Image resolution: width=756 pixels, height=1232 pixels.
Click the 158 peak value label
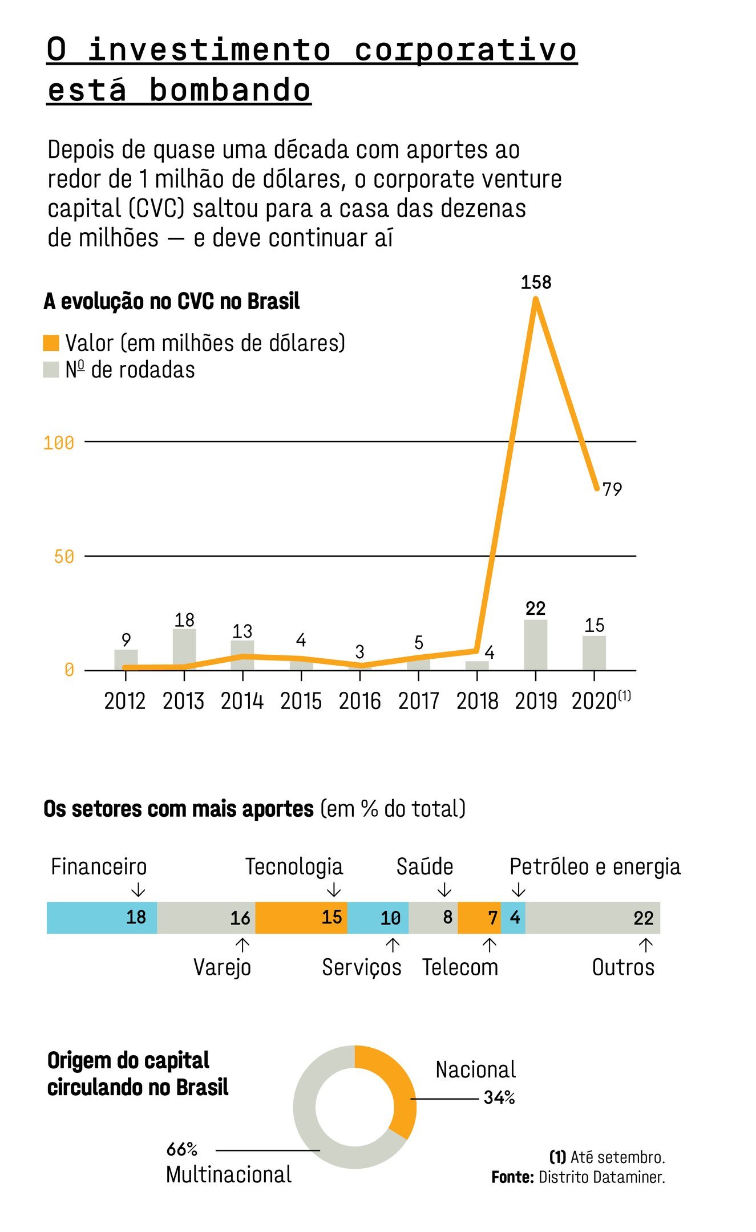click(x=536, y=282)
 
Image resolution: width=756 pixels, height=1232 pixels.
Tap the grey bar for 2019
click(x=536, y=645)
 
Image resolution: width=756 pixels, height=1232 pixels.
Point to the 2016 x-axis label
click(x=359, y=701)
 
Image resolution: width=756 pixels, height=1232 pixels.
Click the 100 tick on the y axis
click(x=59, y=443)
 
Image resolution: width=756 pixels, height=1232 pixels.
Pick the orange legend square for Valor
click(x=51, y=343)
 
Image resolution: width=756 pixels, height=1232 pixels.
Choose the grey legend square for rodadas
click(x=51, y=370)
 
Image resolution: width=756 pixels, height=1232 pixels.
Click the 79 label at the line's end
click(x=612, y=489)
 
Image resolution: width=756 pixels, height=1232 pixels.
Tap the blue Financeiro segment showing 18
click(x=102, y=918)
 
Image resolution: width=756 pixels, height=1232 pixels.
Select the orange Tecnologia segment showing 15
click(x=301, y=918)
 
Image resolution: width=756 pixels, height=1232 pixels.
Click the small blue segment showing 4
click(x=514, y=918)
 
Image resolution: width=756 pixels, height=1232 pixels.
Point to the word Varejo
click(x=222, y=967)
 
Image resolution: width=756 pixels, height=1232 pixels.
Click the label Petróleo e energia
click(x=595, y=867)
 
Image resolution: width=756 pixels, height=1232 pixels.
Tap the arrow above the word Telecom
click(x=489, y=945)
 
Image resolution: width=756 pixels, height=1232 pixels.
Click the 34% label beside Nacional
click(x=499, y=1097)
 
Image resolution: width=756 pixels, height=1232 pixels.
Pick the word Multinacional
click(x=229, y=1175)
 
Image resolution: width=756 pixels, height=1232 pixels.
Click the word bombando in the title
click(x=230, y=91)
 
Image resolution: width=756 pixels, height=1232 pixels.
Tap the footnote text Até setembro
click(x=617, y=1157)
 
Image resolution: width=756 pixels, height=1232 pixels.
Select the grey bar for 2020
click(x=594, y=653)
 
